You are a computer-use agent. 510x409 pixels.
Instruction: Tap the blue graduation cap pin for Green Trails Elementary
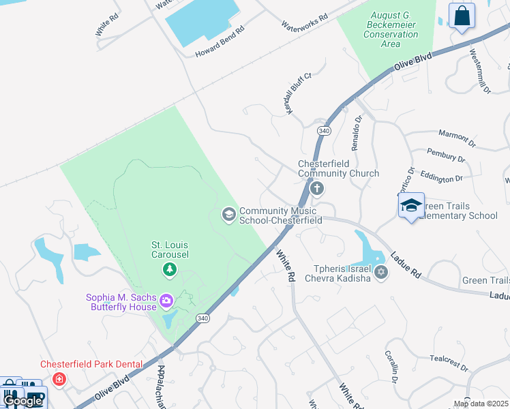coord(411,206)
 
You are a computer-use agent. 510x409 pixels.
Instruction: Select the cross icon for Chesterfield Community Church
coord(316,189)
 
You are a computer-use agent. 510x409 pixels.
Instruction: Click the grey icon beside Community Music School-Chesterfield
coord(229,215)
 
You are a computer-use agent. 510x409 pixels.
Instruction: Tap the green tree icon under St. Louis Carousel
coord(169,271)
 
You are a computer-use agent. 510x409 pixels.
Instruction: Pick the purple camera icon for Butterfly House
coord(166,300)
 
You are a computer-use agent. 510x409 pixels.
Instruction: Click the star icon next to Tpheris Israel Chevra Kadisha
coord(381,273)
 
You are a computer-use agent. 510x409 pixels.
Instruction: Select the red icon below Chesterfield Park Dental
coord(60,378)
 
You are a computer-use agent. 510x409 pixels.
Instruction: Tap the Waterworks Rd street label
coord(305,20)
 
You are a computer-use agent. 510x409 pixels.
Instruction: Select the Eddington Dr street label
coord(441,177)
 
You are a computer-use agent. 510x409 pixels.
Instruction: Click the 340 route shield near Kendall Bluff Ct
coord(324,130)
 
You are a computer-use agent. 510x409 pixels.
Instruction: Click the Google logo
coord(22,401)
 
